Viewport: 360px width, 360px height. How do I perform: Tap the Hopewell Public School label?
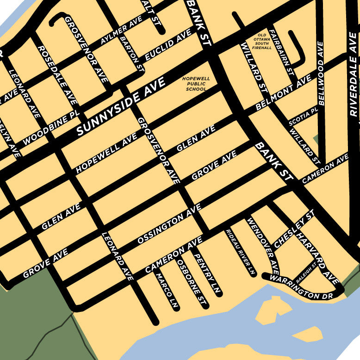[196, 84]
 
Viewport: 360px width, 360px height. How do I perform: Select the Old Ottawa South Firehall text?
[262, 41]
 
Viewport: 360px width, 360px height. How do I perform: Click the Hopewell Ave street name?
[106, 153]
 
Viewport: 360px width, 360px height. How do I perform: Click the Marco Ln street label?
[167, 291]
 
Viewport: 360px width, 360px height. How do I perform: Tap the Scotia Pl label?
[304, 117]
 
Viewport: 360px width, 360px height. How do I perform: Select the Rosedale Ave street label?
[57, 74]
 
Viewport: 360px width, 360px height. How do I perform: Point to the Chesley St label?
[294, 228]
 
